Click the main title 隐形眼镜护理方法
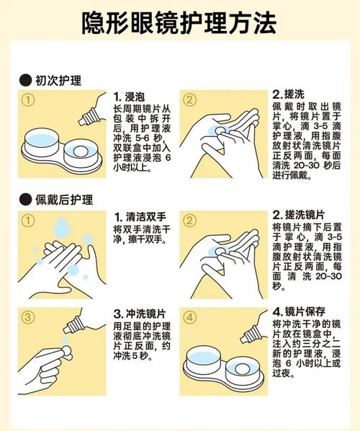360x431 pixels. [x=179, y=23]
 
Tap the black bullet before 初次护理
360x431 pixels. [x=25, y=80]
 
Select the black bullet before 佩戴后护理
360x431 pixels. [x=25, y=199]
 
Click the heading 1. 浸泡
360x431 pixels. [x=129, y=97]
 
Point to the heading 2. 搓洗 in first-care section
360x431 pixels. [x=288, y=94]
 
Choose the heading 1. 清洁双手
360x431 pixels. [x=140, y=217]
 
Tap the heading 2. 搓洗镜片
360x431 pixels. [x=299, y=214]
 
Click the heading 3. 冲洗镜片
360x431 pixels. [x=140, y=314]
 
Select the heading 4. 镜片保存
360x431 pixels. [x=299, y=311]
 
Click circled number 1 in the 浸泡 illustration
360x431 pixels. [x=28, y=99]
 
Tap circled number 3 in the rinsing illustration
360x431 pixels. [x=28, y=317]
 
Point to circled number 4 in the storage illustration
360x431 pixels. [x=189, y=317]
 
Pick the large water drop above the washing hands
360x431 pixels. [x=61, y=226]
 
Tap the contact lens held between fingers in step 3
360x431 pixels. [x=67, y=352]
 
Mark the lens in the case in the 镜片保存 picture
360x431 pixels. [x=242, y=368]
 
